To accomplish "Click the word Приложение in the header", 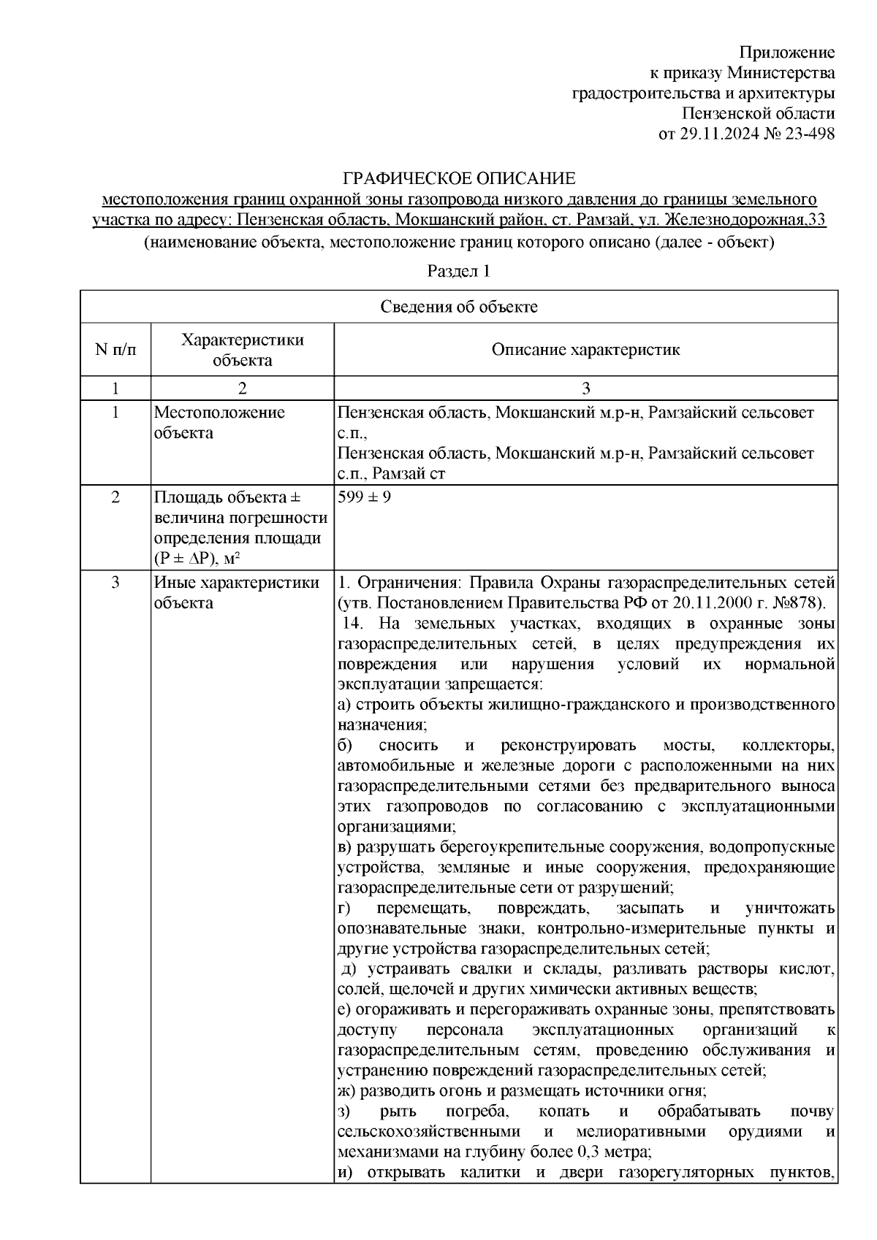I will pyautogui.click(x=786, y=53).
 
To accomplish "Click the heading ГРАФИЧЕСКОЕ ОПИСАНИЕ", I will pyautogui.click(x=460, y=178).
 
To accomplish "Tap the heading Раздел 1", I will pyautogui.click(x=458, y=272).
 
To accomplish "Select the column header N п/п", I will pyautogui.click(x=115, y=350).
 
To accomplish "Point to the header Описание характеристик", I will pyautogui.click(x=585, y=350).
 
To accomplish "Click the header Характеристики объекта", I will pyautogui.click(x=243, y=350).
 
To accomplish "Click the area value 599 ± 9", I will pyautogui.click(x=364, y=498).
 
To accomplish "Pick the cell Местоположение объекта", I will pyautogui.click(x=219, y=423).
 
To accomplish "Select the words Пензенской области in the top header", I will pyautogui.click(x=758, y=114).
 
